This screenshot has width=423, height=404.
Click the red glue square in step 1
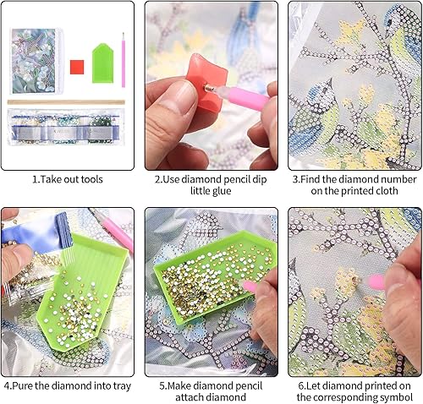pyautogui.click(x=77, y=67)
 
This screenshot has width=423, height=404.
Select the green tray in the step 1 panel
pyautogui.click(x=103, y=63)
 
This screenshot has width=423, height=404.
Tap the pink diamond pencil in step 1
pyautogui.click(x=124, y=60)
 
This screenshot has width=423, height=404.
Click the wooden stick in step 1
pyautogui.click(x=66, y=102)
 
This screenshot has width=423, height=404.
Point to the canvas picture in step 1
pyautogui.click(x=36, y=61)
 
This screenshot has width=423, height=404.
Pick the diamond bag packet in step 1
pyautogui.click(x=66, y=127)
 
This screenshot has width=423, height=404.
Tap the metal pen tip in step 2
pyautogui.click(x=210, y=89)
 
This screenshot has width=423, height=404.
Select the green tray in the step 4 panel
pyautogui.click(x=82, y=290)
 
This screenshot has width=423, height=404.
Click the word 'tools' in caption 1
pyautogui.click(x=91, y=179)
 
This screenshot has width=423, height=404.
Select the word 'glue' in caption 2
pyautogui.click(x=222, y=191)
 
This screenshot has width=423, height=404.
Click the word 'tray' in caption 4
pyautogui.click(x=122, y=386)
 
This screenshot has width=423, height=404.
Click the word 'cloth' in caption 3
pyautogui.click(x=387, y=191)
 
